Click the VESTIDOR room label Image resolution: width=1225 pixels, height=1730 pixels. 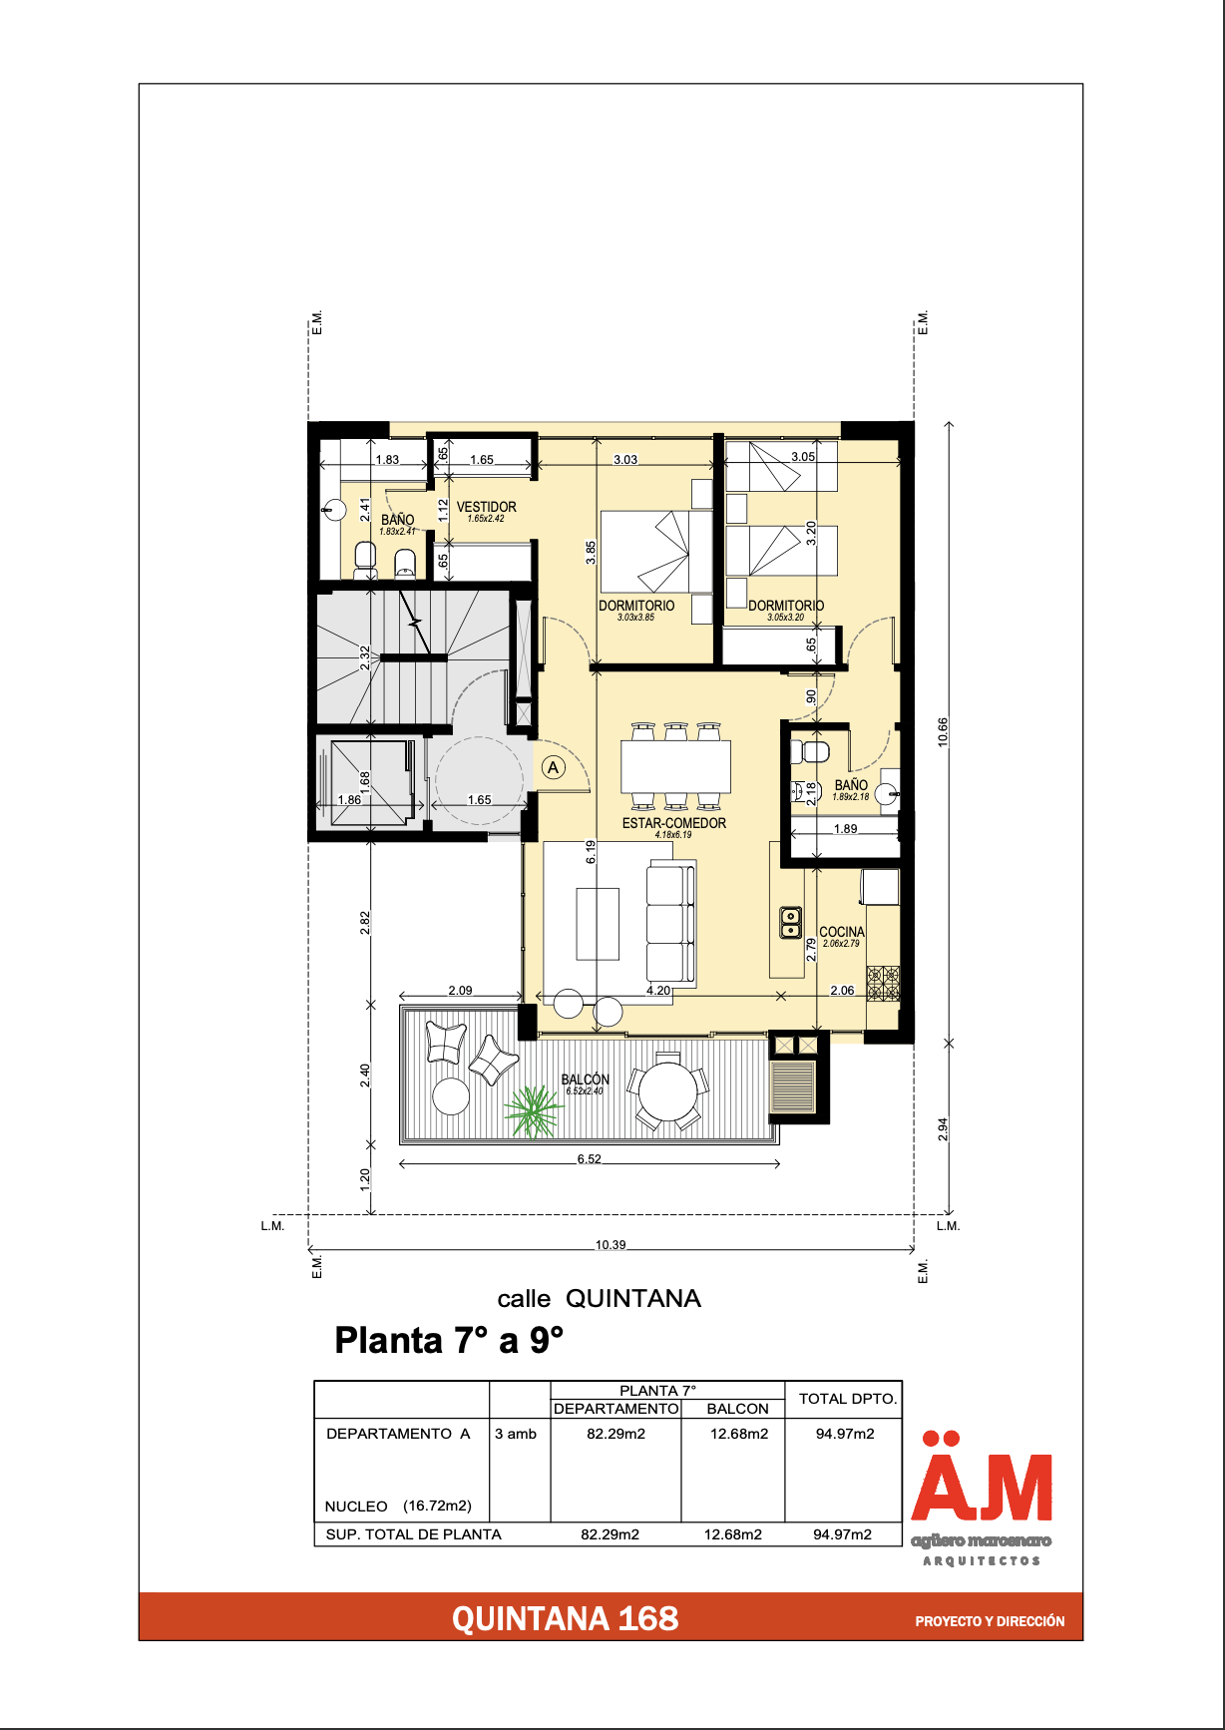487,507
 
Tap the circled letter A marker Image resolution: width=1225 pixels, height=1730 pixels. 554,767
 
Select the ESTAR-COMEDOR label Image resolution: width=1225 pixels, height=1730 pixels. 674,823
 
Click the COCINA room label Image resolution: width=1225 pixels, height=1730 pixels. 842,932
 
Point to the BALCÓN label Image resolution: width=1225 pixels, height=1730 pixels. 586,1080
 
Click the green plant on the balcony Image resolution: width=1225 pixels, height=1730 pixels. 534,1111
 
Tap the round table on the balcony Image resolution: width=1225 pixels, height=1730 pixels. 668,1091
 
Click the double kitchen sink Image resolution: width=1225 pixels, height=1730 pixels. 790,923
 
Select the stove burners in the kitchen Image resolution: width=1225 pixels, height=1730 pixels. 883,983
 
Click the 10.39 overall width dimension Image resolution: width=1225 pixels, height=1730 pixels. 611,1244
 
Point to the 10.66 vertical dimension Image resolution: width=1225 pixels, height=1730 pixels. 943,732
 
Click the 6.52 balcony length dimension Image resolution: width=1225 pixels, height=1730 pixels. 590,1159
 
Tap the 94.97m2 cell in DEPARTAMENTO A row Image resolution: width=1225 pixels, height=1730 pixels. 845,1434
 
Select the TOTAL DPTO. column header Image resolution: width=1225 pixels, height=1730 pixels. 848,1399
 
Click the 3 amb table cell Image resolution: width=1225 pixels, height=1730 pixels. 516,1434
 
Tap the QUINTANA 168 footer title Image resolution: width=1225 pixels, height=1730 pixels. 565,1618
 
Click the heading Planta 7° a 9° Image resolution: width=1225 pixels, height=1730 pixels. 449,1340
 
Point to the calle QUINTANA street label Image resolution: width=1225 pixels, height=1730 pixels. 599,1299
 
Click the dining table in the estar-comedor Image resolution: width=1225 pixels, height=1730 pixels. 675,766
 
